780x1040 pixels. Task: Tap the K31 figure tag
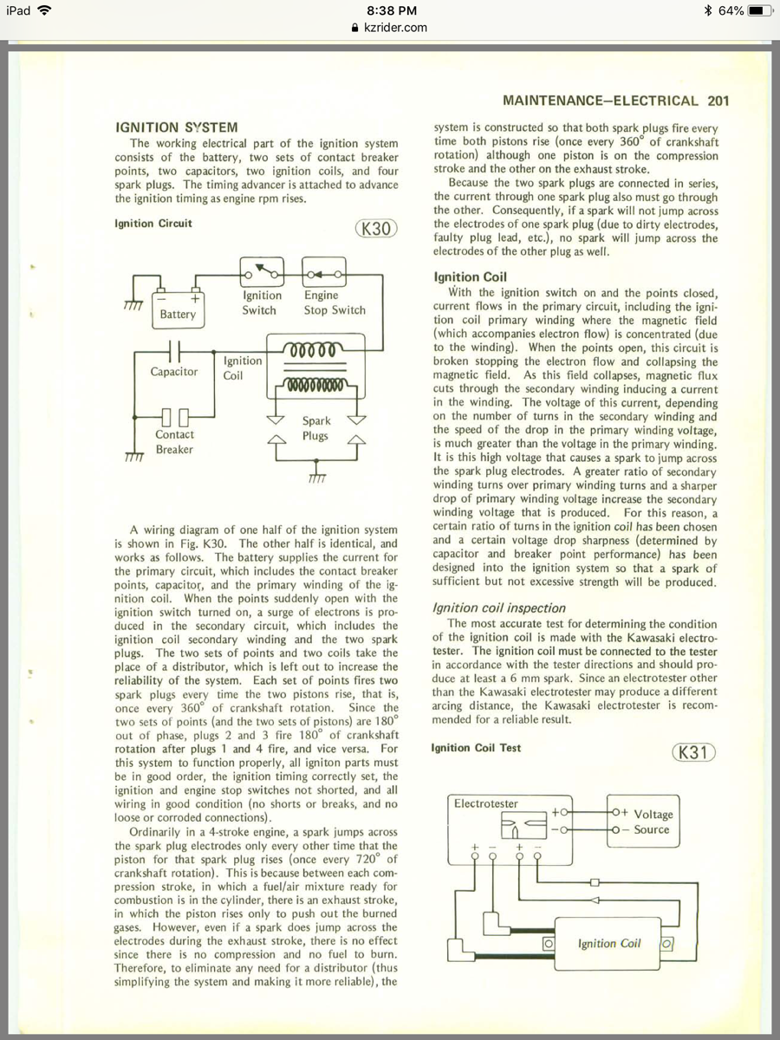point(694,752)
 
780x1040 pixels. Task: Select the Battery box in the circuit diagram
point(178,310)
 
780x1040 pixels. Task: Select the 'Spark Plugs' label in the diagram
point(315,428)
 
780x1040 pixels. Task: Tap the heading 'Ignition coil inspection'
point(499,608)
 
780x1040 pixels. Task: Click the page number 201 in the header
point(718,101)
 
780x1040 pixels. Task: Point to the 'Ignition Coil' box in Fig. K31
point(609,943)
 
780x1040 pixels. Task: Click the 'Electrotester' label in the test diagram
point(486,803)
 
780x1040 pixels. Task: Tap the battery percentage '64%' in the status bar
point(731,10)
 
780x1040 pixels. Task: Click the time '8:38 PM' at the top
point(392,10)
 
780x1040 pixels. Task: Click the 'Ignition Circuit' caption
point(153,224)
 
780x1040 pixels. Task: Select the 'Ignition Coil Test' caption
point(476,747)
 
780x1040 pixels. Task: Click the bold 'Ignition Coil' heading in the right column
point(470,277)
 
